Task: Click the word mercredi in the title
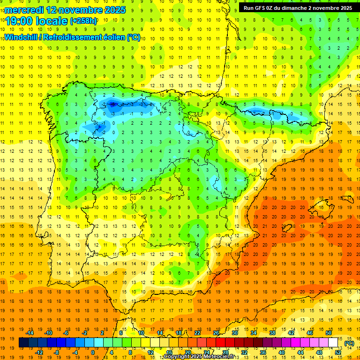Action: (24, 10)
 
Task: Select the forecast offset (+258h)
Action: (83, 21)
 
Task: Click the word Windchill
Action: (22, 37)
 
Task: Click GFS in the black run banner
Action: (262, 8)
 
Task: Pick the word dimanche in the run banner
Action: (299, 8)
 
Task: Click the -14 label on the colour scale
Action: (30, 333)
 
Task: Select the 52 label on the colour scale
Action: (338, 352)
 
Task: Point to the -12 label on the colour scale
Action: (39, 352)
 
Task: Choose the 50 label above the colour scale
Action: (329, 333)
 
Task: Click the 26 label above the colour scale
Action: (217, 333)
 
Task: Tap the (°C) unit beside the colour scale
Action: (349, 343)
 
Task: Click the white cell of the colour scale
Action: (333, 343)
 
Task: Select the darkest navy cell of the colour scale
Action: (23, 343)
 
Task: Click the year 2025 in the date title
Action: (115, 10)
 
